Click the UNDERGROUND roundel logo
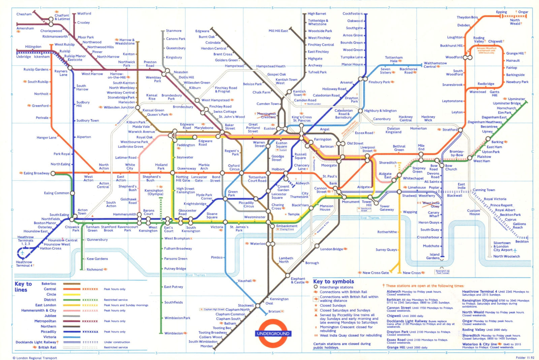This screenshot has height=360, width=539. point(273,333)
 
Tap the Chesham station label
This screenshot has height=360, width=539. point(24,14)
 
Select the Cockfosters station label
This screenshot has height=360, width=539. point(352,14)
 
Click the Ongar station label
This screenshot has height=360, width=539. point(523,12)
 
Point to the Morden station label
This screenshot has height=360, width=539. point(207,346)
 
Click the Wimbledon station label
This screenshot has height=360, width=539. point(173,333)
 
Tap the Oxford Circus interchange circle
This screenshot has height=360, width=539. point(242,173)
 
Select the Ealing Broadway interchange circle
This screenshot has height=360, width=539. point(53,173)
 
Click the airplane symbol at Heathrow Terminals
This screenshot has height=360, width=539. point(23,252)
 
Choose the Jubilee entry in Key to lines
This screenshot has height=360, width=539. point(50,316)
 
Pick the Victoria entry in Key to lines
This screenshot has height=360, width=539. point(50,337)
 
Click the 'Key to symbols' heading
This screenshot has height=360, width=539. point(333,282)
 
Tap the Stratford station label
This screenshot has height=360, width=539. point(450,130)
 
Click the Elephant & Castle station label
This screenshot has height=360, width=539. point(298,281)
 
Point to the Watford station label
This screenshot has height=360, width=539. point(84,13)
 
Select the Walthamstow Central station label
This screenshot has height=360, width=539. point(435,65)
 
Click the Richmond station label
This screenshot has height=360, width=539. point(94,269)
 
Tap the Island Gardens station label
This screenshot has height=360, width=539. point(433,256)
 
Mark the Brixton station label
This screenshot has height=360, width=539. point(274,312)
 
